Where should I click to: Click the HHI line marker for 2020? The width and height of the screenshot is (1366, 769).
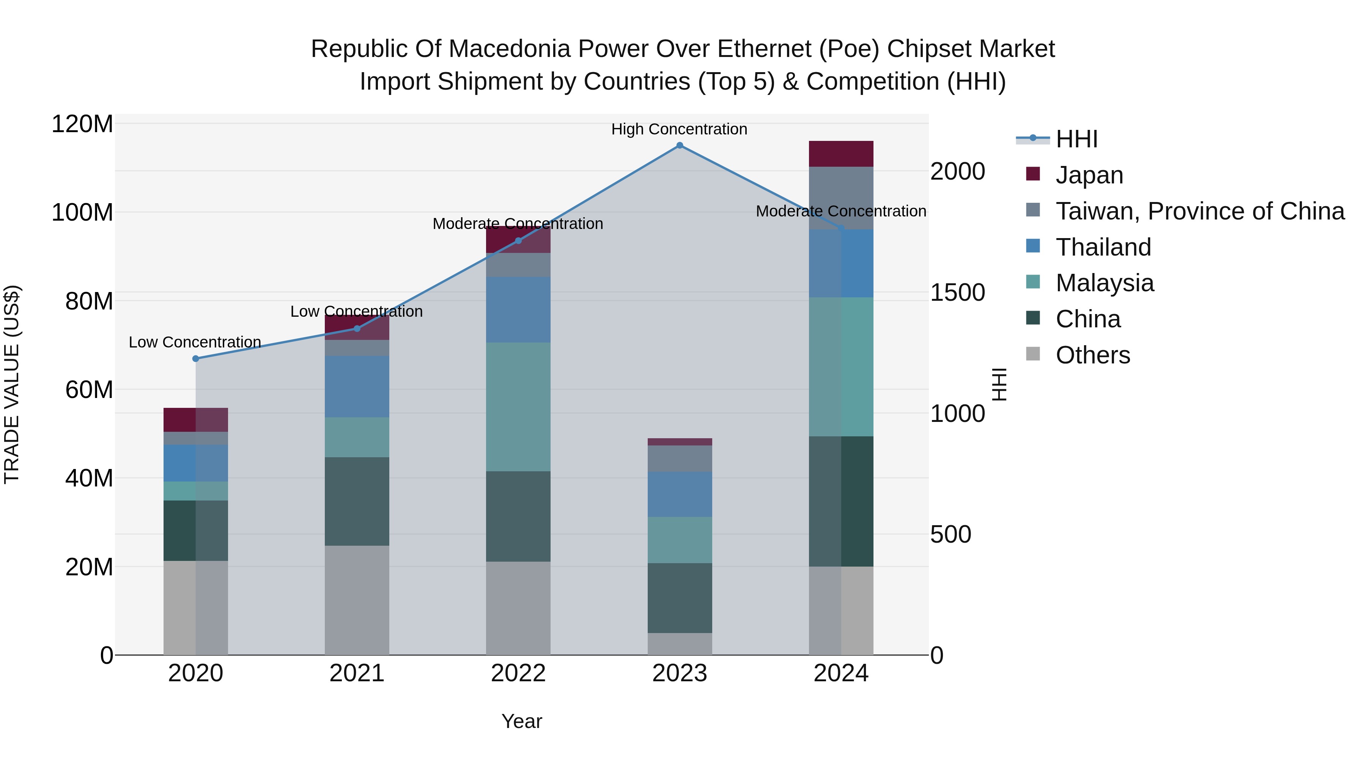pyautogui.click(x=196, y=359)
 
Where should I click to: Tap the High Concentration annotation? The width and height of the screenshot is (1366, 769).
pyautogui.click(x=679, y=129)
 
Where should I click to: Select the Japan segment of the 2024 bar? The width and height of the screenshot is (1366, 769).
pyautogui.click(x=840, y=154)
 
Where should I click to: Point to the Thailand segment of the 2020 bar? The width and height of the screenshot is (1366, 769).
pyautogui.click(x=196, y=463)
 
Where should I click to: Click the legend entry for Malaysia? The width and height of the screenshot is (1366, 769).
pyautogui.click(x=1104, y=283)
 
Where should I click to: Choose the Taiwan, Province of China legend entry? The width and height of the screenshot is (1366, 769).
pyautogui.click(x=1199, y=211)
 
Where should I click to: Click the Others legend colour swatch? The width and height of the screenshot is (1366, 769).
pyautogui.click(x=1033, y=354)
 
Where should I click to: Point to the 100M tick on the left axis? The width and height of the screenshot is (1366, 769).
pyautogui.click(x=82, y=213)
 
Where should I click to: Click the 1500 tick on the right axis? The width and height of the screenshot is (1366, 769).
pyautogui.click(x=958, y=292)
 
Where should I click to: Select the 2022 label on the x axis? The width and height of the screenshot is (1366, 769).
pyautogui.click(x=518, y=673)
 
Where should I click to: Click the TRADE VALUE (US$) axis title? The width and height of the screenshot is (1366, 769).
pyautogui.click(x=12, y=384)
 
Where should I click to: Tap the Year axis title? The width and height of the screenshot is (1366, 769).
pyautogui.click(x=522, y=721)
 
